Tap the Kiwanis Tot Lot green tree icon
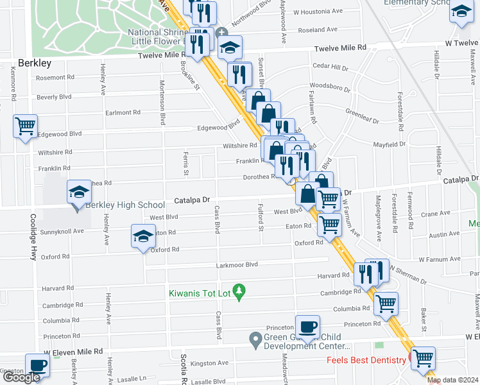point(239,293)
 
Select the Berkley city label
point(34,64)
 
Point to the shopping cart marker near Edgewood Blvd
point(25,126)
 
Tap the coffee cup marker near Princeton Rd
point(307,327)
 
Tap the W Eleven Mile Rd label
point(73,352)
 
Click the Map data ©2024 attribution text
point(452,380)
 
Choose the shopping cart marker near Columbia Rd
point(386,304)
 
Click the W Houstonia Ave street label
point(314,12)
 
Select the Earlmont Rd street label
point(123,113)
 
